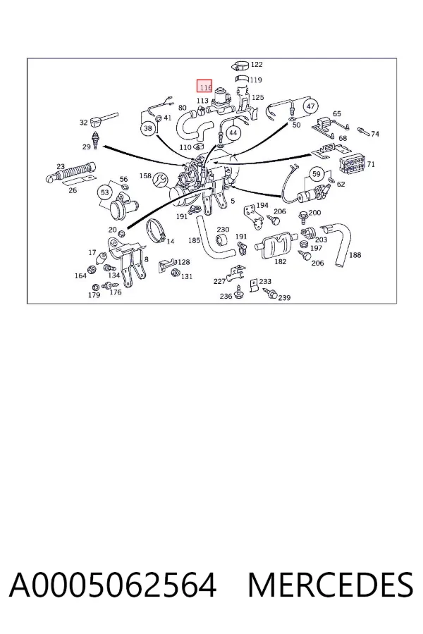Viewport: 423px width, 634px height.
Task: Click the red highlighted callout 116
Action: [204, 87]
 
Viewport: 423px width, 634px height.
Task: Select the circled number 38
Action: [148, 129]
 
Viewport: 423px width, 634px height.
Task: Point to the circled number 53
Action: [105, 192]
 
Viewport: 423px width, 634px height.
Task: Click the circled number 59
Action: [317, 174]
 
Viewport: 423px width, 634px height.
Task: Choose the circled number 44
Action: [233, 133]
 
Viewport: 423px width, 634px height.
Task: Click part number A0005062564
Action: [113, 585]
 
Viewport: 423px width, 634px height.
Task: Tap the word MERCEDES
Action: [331, 585]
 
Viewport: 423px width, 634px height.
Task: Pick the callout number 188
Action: [355, 255]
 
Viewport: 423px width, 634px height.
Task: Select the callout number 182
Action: [281, 261]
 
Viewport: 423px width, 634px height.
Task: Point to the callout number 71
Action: [371, 164]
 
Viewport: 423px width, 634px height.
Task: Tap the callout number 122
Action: [257, 64]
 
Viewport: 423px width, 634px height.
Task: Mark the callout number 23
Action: [61, 166]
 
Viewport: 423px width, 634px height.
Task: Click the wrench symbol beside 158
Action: [159, 179]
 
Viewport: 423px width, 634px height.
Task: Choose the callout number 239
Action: [284, 297]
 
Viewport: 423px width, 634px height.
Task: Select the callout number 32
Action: [83, 122]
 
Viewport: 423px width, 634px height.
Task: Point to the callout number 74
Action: [375, 134]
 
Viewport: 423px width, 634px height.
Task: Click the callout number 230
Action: [223, 230]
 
